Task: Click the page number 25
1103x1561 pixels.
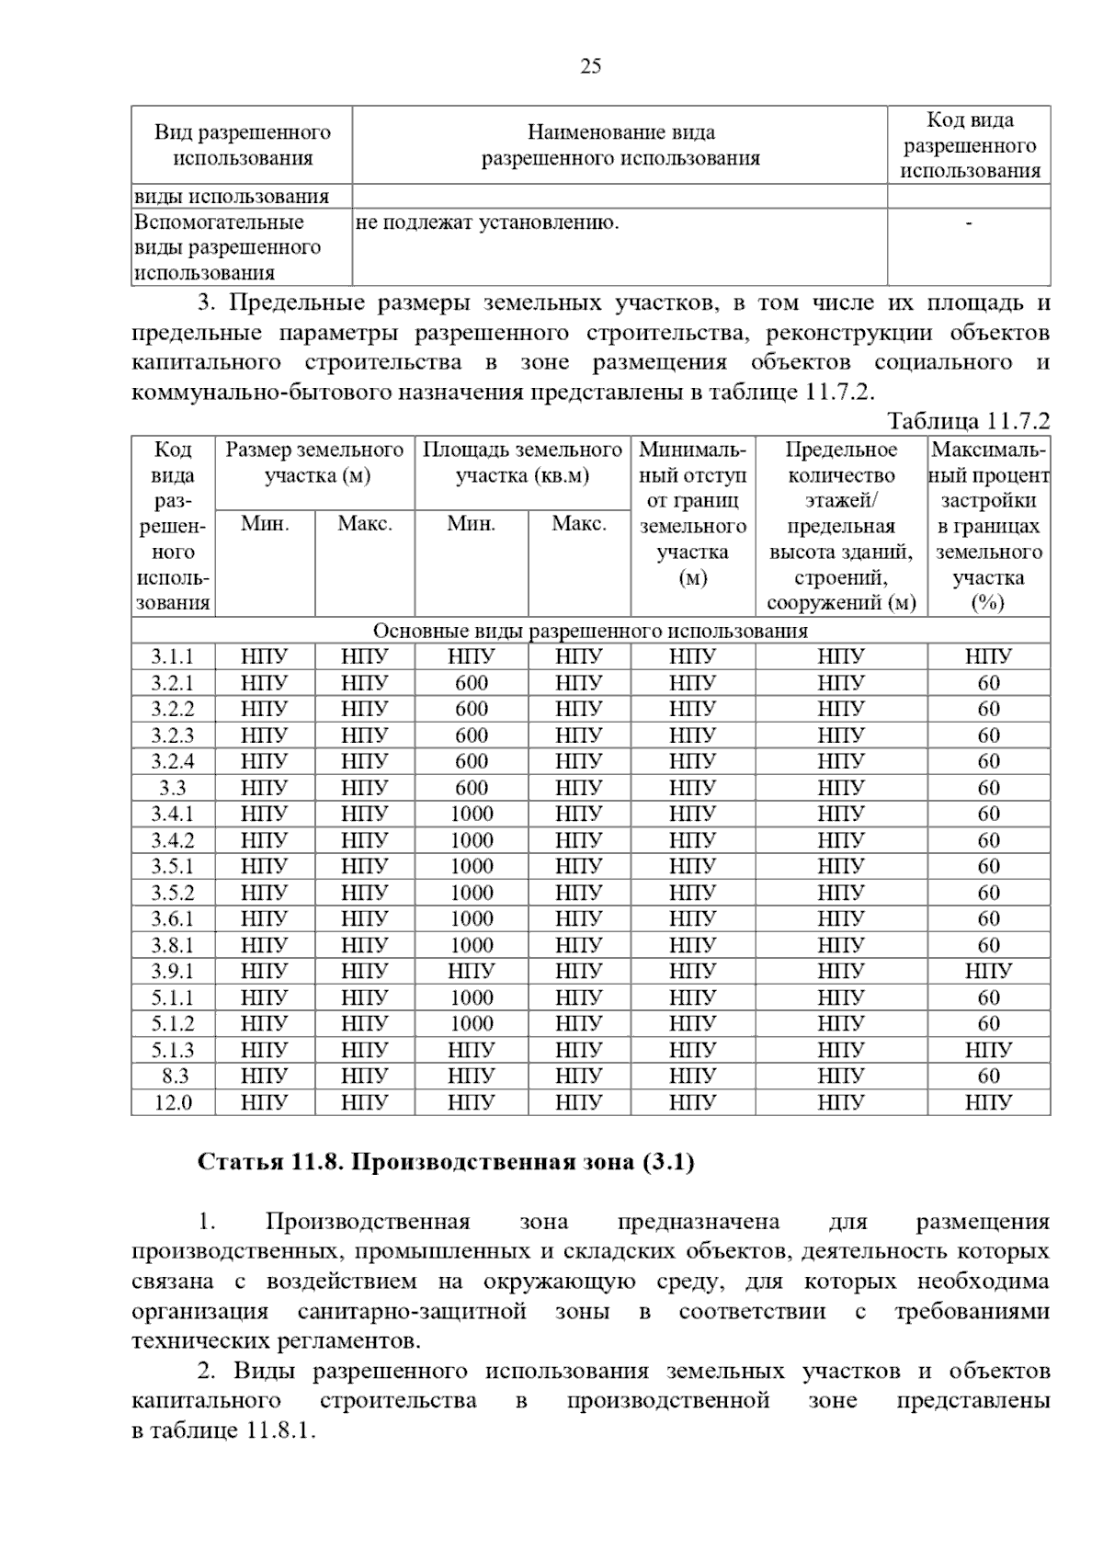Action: pos(591,66)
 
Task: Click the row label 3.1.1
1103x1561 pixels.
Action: pos(173,656)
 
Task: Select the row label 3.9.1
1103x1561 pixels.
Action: pos(173,971)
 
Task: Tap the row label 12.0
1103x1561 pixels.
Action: pos(173,1102)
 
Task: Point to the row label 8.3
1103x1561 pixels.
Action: pos(175,1076)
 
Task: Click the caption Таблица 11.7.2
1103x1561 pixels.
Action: pos(968,421)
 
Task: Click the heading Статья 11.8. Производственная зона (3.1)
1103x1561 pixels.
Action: pos(446,1162)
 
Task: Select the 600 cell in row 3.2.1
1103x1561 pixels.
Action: pos(472,683)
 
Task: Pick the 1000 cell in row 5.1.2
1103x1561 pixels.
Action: pos(472,1023)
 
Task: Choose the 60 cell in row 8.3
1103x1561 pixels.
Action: pos(988,1076)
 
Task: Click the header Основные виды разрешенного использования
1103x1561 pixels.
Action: pos(590,631)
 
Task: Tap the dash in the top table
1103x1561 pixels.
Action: pos(969,222)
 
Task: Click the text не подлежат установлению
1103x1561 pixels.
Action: pos(486,222)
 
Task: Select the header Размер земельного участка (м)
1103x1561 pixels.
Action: pos(314,462)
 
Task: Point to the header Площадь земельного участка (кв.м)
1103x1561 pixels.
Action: pos(522,462)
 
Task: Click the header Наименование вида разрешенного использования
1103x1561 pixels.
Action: pos(620,145)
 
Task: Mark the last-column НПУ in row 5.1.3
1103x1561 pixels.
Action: pos(988,1050)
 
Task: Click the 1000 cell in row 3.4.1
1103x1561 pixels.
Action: pos(472,814)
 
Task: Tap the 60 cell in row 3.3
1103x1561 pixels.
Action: pos(988,788)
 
